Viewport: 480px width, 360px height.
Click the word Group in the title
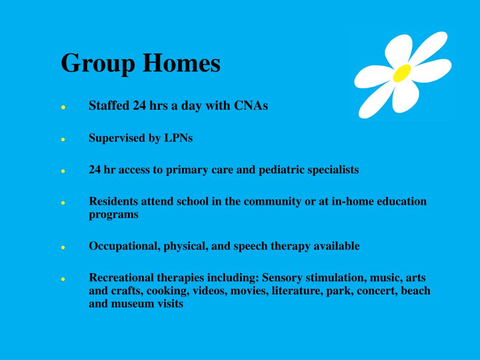98,63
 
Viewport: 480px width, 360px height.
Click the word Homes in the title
181,62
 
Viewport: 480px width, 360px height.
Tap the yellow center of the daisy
402,73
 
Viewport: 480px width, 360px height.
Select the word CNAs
251,105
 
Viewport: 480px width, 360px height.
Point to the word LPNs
179,138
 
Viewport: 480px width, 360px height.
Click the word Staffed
109,105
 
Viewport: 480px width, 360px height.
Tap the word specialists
333,170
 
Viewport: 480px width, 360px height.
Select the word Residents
113,201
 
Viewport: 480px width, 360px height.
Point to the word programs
113,215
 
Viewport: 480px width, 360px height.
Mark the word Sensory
282,277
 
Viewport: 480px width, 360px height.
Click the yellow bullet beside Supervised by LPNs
63,139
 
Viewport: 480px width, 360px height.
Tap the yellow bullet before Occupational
63,247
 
